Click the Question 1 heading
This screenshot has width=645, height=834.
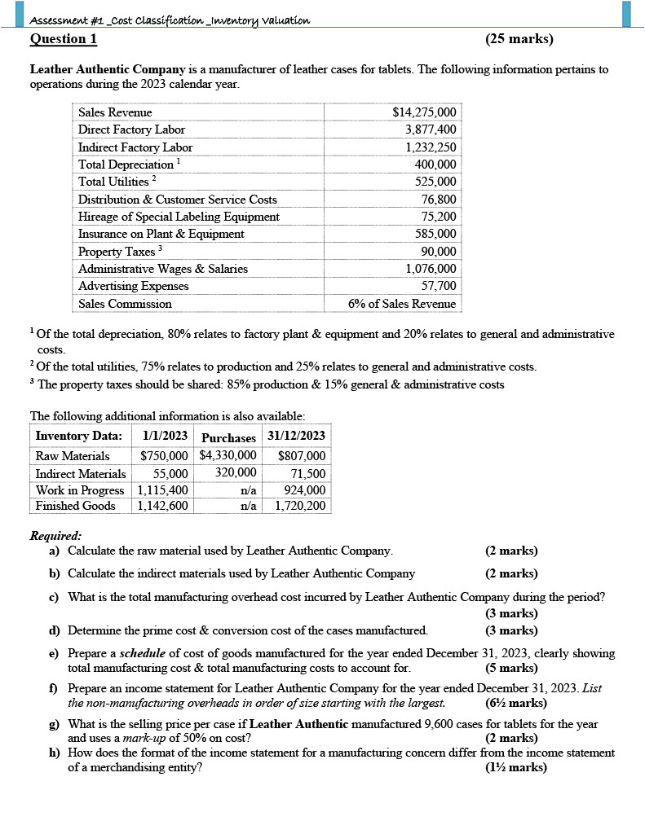pyautogui.click(x=64, y=39)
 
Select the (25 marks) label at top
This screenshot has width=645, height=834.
pyautogui.click(x=519, y=39)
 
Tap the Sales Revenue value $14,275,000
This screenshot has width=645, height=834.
pyautogui.click(x=424, y=112)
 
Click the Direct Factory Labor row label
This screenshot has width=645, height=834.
pyautogui.click(x=131, y=129)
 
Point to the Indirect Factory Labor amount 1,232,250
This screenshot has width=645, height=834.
pyautogui.click(x=431, y=147)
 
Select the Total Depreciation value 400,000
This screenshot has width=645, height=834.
pyautogui.click(x=435, y=165)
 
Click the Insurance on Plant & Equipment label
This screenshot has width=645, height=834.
pyautogui.click(x=161, y=234)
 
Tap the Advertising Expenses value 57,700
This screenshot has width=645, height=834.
pyautogui.click(x=439, y=286)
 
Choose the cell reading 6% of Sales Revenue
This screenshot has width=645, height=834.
pyautogui.click(x=402, y=304)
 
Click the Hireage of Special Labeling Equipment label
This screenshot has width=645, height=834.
pyautogui.click(x=179, y=217)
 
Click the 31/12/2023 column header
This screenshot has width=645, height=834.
pyautogui.click(x=297, y=436)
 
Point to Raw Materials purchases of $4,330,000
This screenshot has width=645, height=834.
pyautogui.click(x=228, y=456)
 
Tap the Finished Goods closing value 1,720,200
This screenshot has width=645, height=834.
pyautogui.click(x=300, y=506)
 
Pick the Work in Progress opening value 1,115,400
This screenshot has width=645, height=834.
pyautogui.click(x=163, y=490)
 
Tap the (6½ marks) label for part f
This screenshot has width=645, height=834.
pyautogui.click(x=515, y=703)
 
